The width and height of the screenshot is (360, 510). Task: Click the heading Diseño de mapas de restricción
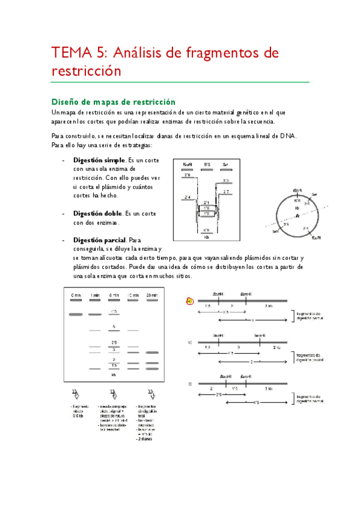pos(113,102)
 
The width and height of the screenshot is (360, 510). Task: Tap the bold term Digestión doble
pos(97,214)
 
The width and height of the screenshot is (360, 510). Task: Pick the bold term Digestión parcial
pos(100,240)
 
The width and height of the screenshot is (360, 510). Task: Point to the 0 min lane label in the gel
pos(76,295)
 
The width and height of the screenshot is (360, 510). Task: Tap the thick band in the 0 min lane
pos(76,315)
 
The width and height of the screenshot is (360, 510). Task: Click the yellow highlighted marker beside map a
pos(190,300)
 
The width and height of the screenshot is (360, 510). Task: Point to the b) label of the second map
pos(190,342)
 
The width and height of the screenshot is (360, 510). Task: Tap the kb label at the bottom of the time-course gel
pos(114,374)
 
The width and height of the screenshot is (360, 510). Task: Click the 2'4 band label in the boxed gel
pos(188,197)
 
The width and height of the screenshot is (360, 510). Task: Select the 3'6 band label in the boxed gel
pos(188,175)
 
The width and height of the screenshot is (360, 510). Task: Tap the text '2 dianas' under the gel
pos(145,438)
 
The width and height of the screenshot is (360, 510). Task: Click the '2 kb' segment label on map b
pos(276,348)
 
